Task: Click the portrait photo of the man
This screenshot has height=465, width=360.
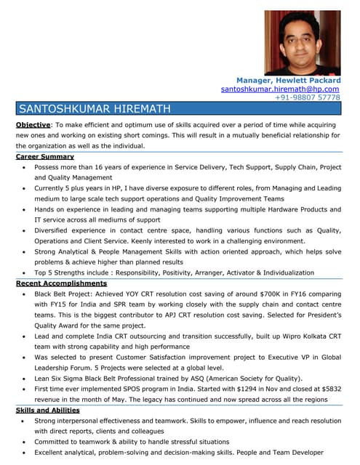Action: pos(312,42)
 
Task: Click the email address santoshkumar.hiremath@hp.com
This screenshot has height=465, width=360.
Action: pos(280,89)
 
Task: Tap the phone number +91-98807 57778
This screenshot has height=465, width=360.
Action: pos(308,97)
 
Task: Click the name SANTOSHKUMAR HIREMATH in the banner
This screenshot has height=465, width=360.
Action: pos(95,110)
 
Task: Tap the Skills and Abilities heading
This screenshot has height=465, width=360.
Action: pos(48,410)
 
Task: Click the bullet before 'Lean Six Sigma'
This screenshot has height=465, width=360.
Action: pos(25,379)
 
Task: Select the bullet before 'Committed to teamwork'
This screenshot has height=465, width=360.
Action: pos(25,442)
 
